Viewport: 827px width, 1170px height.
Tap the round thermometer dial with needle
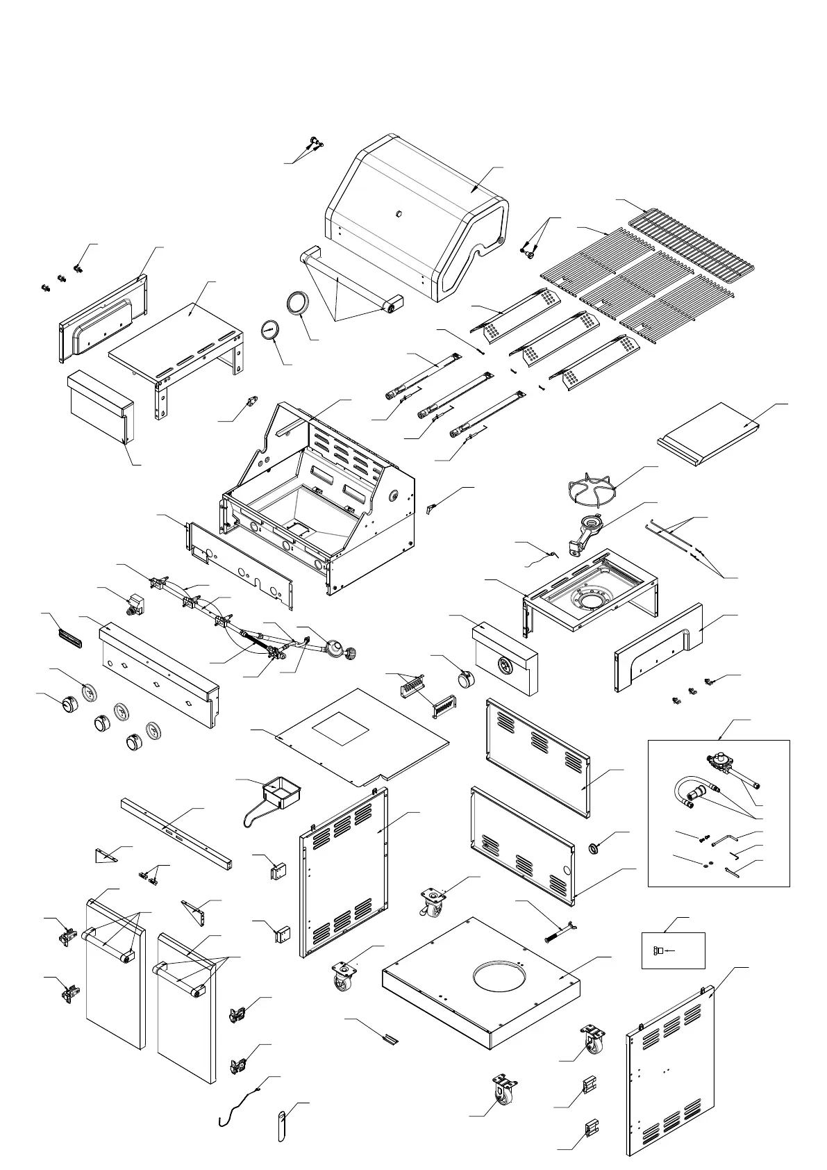270,330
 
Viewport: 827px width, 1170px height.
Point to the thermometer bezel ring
299,303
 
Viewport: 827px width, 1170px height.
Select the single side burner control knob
463,678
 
